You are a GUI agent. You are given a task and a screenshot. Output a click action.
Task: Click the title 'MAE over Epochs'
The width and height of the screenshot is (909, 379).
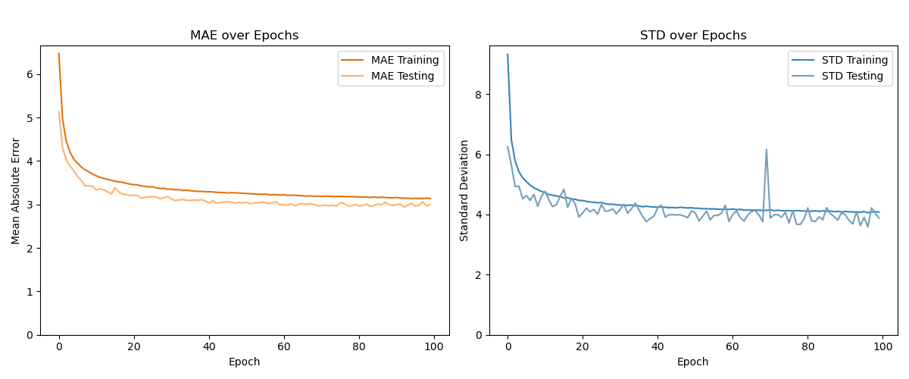244,36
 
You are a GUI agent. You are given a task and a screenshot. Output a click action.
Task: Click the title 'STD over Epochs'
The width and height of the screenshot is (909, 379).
693,36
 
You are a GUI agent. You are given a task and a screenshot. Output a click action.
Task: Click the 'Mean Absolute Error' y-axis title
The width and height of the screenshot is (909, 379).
16,190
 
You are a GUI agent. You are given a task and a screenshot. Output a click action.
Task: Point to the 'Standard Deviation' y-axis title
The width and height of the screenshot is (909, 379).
464,190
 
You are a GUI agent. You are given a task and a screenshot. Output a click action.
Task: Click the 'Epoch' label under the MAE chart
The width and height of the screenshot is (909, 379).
244,362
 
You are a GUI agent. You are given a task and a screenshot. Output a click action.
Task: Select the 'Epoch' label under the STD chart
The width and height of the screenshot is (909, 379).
693,362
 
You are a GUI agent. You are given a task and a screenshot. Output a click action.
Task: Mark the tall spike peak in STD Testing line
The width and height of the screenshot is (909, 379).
766,149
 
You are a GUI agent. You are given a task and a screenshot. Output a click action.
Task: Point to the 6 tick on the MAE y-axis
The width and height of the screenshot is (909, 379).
30,74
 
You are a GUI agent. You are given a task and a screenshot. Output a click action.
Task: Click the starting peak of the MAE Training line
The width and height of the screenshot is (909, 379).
58,53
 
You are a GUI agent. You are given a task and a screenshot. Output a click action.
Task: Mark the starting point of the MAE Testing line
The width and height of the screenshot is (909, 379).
58,112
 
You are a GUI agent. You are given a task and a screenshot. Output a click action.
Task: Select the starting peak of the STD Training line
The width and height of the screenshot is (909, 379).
508,54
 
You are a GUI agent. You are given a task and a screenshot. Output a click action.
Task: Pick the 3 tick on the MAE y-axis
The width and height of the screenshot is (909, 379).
30,205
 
